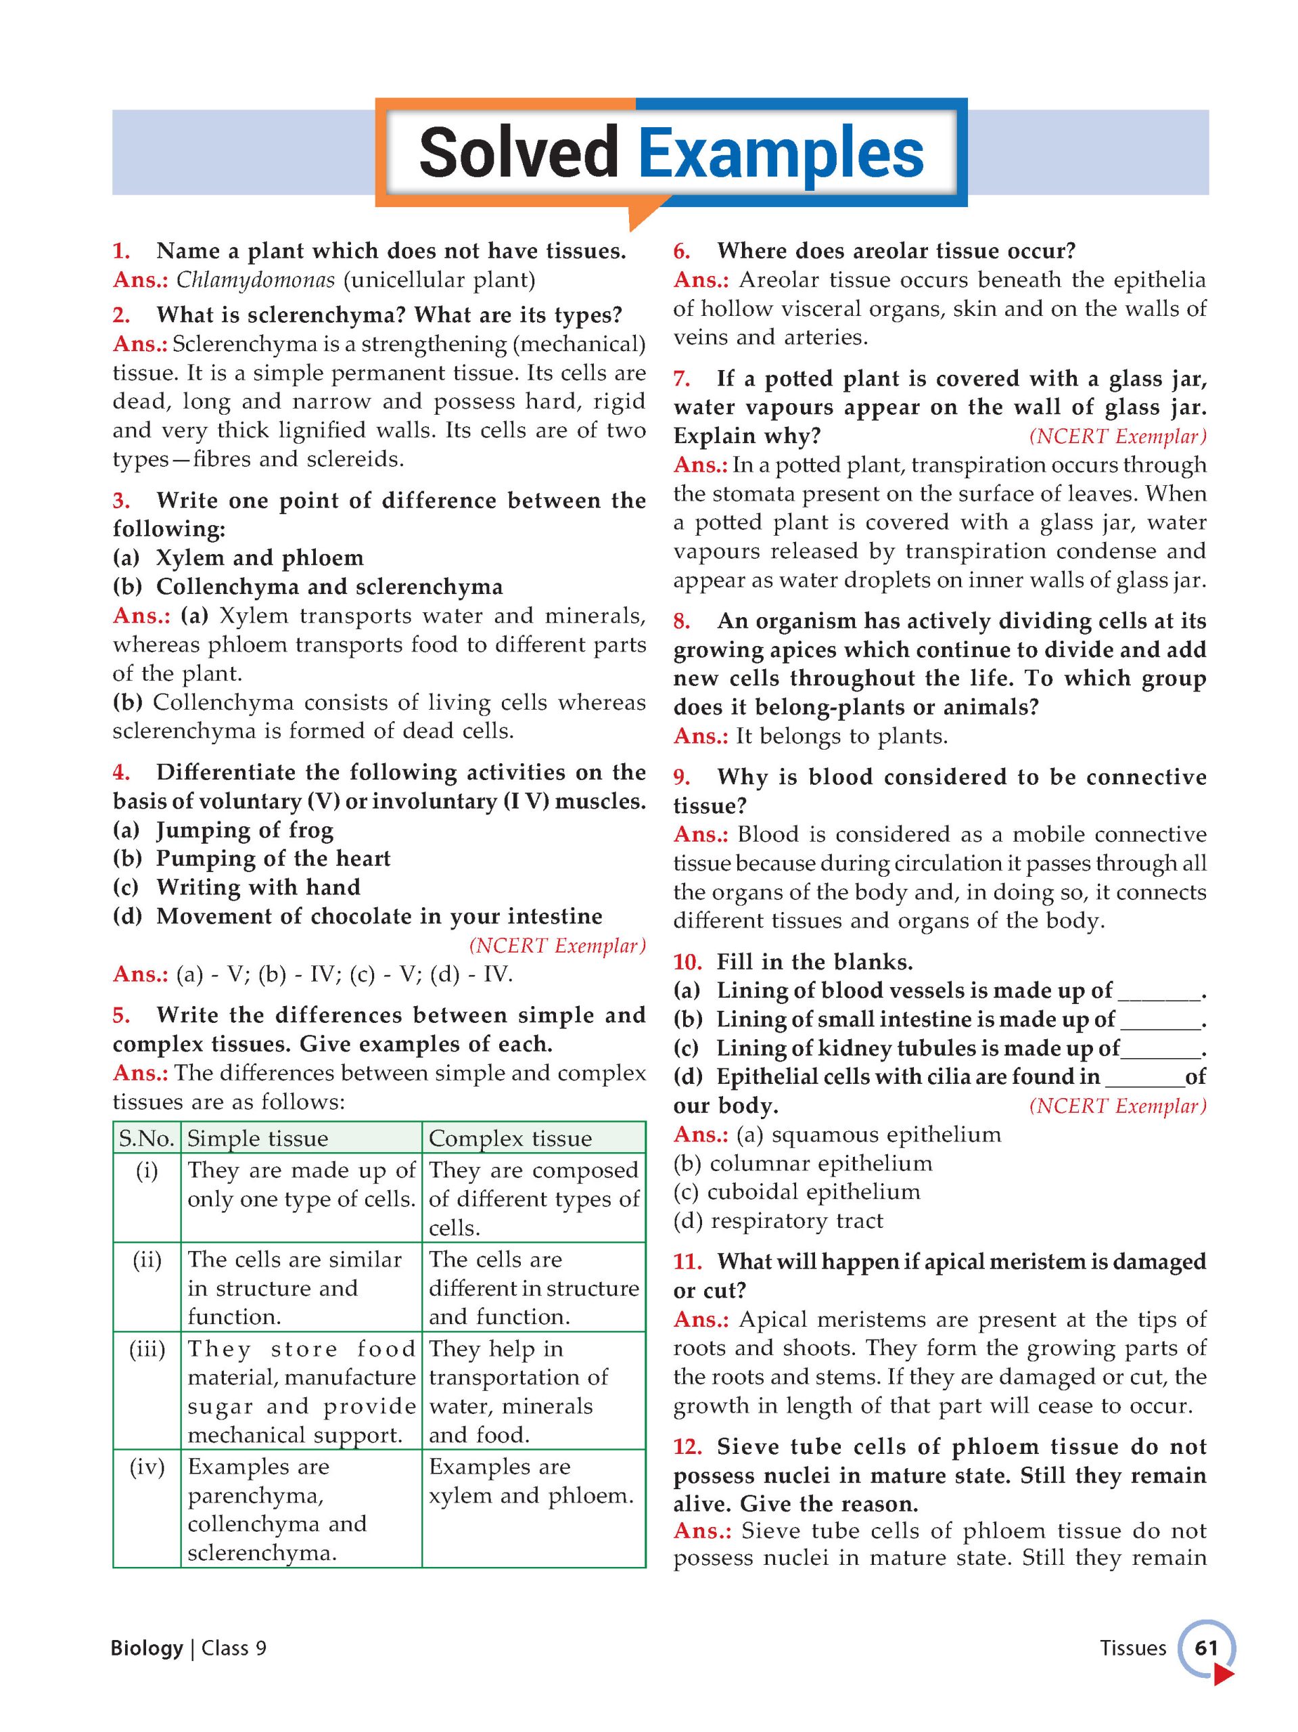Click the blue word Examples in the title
781,154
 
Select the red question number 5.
120,1015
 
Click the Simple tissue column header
258,1138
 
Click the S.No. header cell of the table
146,1138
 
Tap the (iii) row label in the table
146,1348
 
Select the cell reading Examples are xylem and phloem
531,1480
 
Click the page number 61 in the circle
1205,1647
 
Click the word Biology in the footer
146,1647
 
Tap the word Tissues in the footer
1132,1647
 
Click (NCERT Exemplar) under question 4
557,945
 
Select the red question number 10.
687,961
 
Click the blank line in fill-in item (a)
1158,995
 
